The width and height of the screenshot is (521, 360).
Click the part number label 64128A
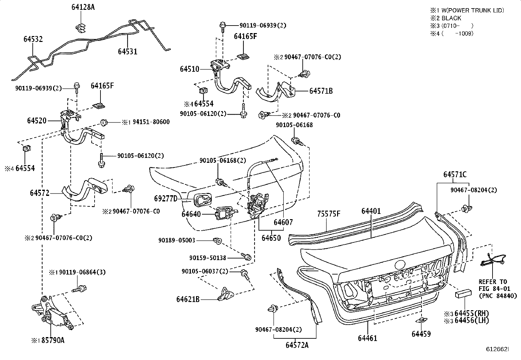(x=83, y=7)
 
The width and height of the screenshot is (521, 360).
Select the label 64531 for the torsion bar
(x=127, y=51)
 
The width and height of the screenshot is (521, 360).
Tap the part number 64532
(x=33, y=39)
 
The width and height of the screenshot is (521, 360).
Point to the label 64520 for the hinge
(x=37, y=121)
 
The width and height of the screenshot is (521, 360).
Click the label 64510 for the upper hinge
(x=189, y=69)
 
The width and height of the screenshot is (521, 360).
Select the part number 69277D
(x=166, y=199)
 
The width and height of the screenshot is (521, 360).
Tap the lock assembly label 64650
(x=271, y=238)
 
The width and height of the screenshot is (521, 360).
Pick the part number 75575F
(x=329, y=214)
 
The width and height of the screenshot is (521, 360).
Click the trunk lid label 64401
(x=371, y=211)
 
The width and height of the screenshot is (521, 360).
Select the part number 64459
(x=421, y=334)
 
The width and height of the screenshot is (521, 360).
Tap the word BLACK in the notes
(x=451, y=18)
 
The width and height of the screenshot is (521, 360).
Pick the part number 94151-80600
(x=151, y=122)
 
